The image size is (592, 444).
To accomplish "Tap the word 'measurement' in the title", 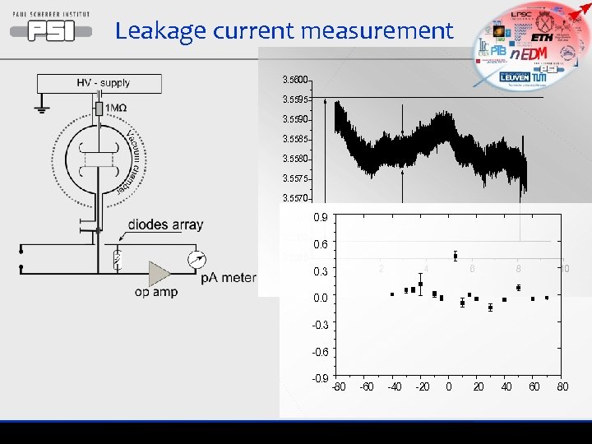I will (377, 32).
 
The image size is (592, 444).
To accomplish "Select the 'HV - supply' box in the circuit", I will (103, 83).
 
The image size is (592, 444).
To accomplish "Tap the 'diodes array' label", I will (165, 224).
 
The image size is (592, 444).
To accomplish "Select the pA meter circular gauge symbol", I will (197, 260).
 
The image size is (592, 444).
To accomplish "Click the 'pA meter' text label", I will (229, 277).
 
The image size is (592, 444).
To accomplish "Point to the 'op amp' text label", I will (156, 292).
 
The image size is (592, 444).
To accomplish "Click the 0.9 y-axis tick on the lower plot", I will (321, 217).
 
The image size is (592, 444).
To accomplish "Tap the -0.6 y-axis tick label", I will (319, 352).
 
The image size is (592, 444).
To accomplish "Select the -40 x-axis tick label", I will (394, 386).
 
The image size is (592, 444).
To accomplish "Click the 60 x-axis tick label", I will (534, 386).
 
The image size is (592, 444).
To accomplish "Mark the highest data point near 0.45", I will (456, 256).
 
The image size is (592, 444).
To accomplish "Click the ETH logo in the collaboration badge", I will (543, 38).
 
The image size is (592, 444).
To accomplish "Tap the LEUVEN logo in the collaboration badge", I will (516, 76).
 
